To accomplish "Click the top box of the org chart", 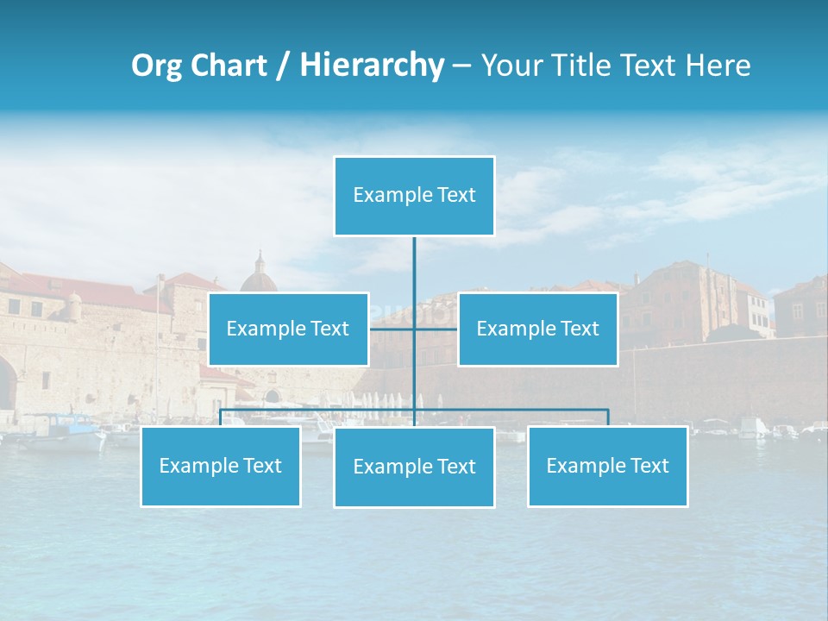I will click(x=414, y=196).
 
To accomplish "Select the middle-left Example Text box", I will click(x=288, y=329).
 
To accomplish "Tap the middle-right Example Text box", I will click(x=537, y=329).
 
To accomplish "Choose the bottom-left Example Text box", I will click(x=220, y=466).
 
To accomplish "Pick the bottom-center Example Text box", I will click(x=414, y=467).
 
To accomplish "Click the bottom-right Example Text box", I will click(x=607, y=466).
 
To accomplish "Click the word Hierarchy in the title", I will click(x=371, y=66).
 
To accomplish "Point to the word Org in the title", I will click(x=156, y=66).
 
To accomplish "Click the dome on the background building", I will click(x=259, y=278).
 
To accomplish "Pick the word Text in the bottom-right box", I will click(x=649, y=466).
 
